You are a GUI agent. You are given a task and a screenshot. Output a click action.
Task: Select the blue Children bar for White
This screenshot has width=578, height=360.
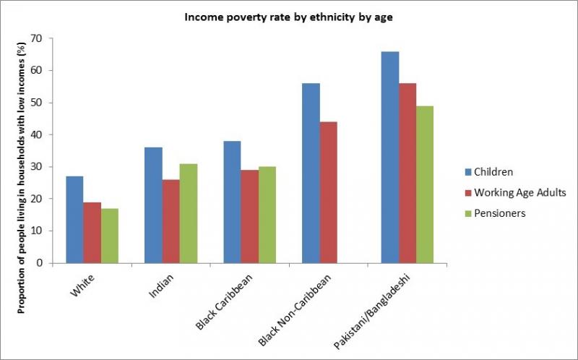[x=74, y=219]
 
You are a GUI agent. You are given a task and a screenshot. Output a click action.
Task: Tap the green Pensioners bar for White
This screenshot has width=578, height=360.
[x=110, y=235]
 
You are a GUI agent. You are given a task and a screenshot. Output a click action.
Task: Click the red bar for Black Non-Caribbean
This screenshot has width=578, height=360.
[x=329, y=192]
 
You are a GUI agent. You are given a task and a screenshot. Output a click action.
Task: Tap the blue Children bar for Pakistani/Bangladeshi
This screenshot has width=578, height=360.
[x=389, y=157]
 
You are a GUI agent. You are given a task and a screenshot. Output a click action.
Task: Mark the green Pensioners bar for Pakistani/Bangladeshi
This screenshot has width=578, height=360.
[x=425, y=184]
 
